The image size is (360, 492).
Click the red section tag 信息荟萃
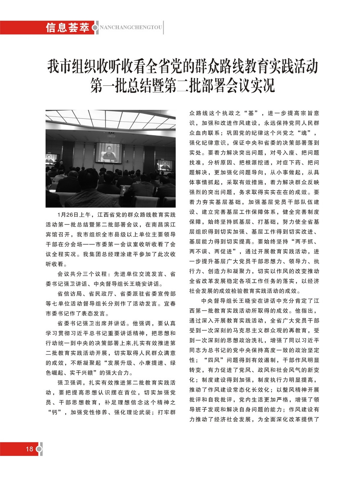[x=67, y=28]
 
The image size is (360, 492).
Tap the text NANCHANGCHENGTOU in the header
[x=131, y=28]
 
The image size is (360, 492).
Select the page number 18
[x=29, y=448]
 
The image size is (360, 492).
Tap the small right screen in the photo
[x=165, y=165]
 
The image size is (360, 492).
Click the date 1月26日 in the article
[x=68, y=215]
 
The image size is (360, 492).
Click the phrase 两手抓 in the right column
[x=305, y=241]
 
